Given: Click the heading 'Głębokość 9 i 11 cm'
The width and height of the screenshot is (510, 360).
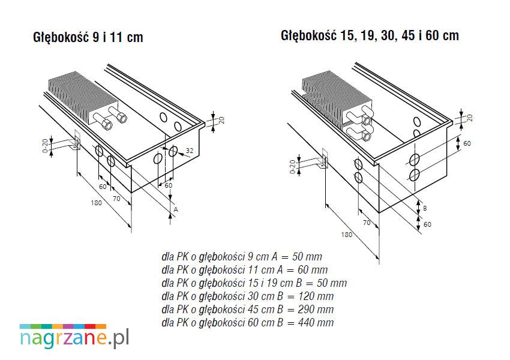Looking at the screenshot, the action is point(88,37).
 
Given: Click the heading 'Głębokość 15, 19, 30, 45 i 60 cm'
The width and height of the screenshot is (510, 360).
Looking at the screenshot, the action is point(370,35).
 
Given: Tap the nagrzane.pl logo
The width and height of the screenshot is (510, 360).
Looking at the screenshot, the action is point(74,336).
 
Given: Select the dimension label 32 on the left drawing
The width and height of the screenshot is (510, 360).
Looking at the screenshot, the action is point(189,151).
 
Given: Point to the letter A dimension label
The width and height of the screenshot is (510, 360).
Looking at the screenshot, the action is point(176,210).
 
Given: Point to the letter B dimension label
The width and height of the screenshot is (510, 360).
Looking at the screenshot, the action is point(425,208).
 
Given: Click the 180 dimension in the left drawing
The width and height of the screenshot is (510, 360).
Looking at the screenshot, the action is point(96,203).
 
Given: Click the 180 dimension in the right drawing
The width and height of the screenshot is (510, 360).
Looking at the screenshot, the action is point(347,235).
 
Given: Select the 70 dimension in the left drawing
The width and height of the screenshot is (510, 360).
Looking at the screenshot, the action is point(116,199).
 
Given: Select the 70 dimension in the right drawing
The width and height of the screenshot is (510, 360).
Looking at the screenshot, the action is point(367,223).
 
